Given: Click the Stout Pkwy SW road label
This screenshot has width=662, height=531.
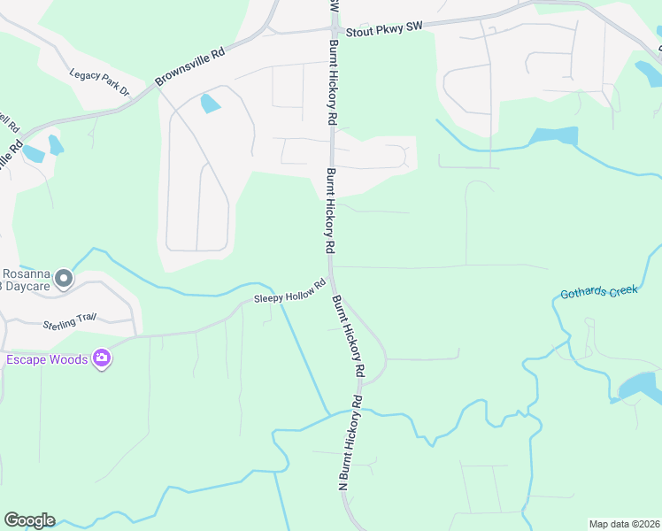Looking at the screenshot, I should (384, 29).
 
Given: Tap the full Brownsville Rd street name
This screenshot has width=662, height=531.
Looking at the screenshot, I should (191, 67).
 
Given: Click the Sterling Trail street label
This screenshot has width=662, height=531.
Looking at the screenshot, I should (69, 320).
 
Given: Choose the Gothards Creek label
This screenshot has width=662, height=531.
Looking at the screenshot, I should (597, 291).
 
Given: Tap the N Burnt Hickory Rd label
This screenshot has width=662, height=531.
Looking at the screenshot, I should (349, 442).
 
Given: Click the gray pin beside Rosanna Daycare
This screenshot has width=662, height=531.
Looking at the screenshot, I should (63, 280).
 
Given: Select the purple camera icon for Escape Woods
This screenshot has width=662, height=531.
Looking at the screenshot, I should (103, 359).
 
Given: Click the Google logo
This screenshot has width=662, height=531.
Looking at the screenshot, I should (29, 520).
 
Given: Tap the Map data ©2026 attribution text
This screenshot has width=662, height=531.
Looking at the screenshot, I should (623, 524).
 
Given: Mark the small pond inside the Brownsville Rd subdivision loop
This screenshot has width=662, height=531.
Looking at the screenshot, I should (210, 104).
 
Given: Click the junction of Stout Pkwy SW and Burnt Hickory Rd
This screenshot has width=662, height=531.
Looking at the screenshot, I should (335, 29).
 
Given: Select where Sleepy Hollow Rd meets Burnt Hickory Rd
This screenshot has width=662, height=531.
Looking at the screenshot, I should (329, 283).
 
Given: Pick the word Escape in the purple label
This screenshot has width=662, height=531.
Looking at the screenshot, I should (26, 359).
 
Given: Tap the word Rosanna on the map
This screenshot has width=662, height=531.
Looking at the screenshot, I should (22, 273).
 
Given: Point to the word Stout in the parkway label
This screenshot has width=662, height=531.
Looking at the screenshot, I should (358, 30).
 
